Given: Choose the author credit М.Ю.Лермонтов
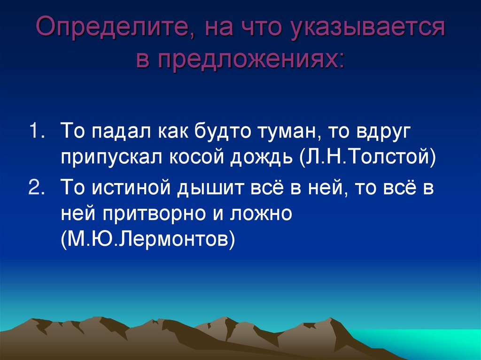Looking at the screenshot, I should click(x=147, y=241).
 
